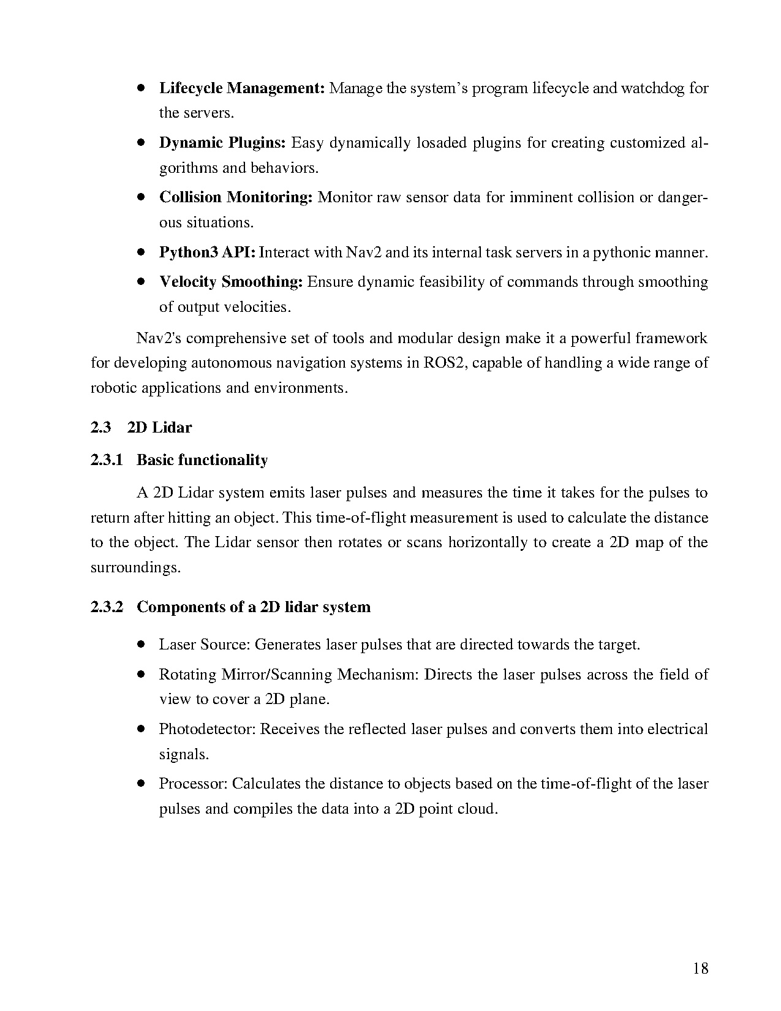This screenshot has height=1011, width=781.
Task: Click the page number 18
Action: tap(701, 968)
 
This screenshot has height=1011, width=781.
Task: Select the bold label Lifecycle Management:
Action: tap(241, 88)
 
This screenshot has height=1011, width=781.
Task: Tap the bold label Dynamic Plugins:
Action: tap(222, 143)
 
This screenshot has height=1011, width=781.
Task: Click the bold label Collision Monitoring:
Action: tap(236, 197)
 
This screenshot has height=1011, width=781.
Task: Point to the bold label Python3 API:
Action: tap(207, 252)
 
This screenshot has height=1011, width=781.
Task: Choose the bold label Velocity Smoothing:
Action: tap(231, 282)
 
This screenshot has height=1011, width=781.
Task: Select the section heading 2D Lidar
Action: tap(159, 427)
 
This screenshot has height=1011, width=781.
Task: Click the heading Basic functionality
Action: tap(202, 460)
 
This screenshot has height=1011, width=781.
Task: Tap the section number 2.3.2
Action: tap(107, 607)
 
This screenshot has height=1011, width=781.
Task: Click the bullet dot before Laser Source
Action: tap(141, 645)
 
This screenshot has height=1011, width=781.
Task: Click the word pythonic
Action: tap(624, 252)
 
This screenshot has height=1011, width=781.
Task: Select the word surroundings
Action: tap(135, 567)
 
